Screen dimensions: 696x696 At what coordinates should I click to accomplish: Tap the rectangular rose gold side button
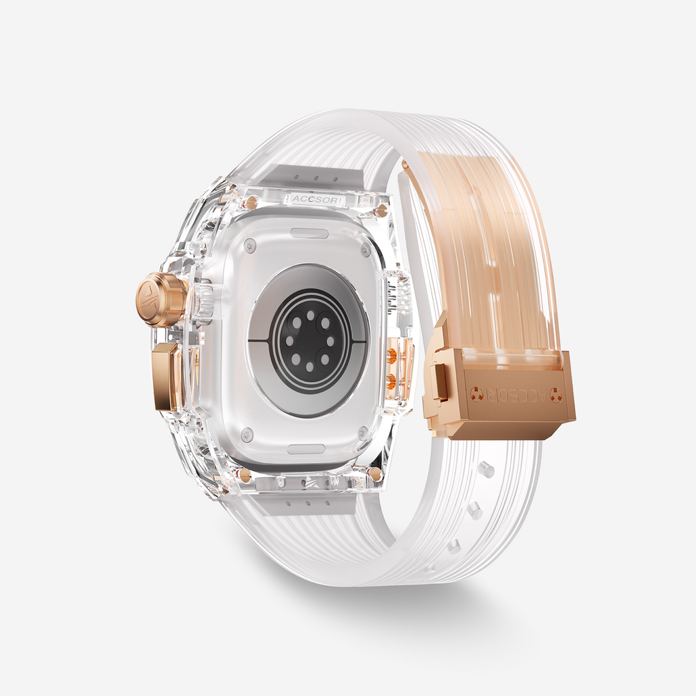point(167,377)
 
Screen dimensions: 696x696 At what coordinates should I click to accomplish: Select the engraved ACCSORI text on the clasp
point(516,394)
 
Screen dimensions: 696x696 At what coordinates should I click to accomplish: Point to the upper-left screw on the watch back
point(251,243)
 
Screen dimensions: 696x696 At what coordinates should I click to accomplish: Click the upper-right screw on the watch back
point(366,249)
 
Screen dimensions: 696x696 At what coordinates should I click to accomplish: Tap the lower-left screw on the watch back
point(247,434)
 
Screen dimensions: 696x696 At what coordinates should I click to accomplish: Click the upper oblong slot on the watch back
point(309,233)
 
